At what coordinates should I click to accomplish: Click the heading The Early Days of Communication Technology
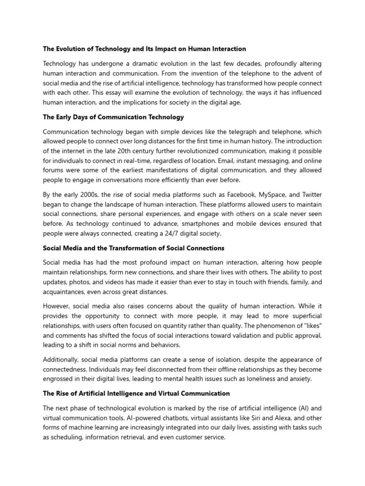(x=113, y=117)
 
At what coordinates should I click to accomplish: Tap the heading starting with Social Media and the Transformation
(x=134, y=248)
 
